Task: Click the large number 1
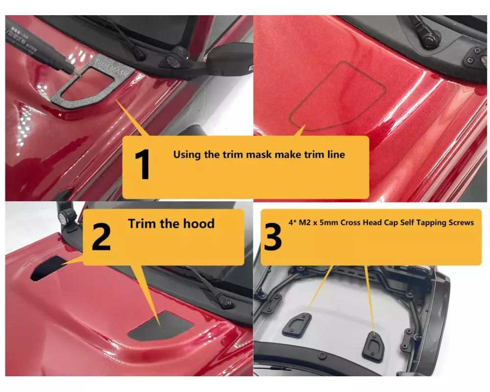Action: tap(142, 164)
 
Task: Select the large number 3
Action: tap(272, 237)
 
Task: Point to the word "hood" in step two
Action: tap(199, 223)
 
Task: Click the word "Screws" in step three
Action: tap(461, 222)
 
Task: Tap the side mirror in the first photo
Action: tap(230, 59)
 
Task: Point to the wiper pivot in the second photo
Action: tap(431, 38)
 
